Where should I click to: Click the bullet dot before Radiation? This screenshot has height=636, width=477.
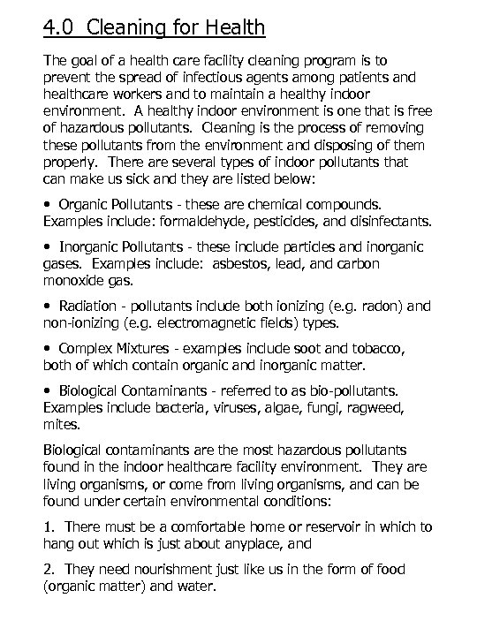pyautogui.click(x=47, y=306)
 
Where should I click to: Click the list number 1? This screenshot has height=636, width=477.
pyautogui.click(x=48, y=526)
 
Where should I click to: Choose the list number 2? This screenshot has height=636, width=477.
pyautogui.click(x=48, y=570)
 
